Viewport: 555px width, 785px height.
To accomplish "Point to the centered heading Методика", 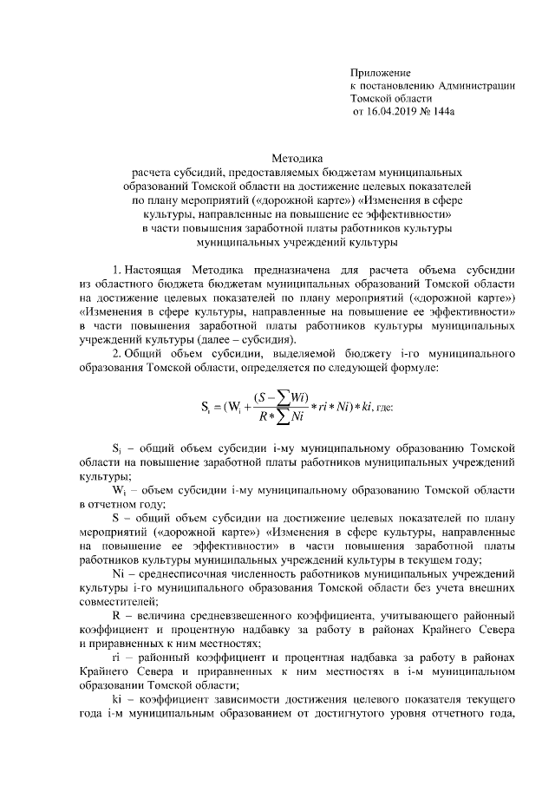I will tap(297, 159).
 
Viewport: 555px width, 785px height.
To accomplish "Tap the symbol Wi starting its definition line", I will tap(121, 489).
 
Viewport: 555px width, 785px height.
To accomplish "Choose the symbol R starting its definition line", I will tap(116, 613).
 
